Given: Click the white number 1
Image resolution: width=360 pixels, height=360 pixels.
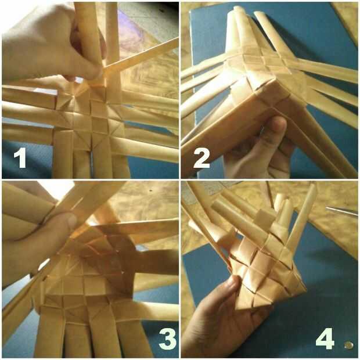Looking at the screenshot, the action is coord(21,157).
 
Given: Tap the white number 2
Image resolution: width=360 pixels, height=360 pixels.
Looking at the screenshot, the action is coord(201,158).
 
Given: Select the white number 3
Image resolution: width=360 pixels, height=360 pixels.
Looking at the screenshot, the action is coord(168,339).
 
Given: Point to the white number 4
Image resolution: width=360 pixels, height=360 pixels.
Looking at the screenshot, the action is coord(325,339).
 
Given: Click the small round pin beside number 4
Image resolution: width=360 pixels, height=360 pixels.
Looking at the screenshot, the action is coord(349,345).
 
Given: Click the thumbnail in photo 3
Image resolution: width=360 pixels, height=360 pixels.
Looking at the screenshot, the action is coord(71,221).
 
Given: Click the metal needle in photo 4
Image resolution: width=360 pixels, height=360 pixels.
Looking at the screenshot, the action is coord(341,211).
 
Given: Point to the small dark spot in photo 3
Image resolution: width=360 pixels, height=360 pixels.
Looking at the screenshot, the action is coord(150,191).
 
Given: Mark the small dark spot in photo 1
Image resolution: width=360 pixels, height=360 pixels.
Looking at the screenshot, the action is coord(163,10).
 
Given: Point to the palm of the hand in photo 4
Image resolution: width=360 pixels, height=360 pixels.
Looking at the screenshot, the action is coord(207,326).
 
